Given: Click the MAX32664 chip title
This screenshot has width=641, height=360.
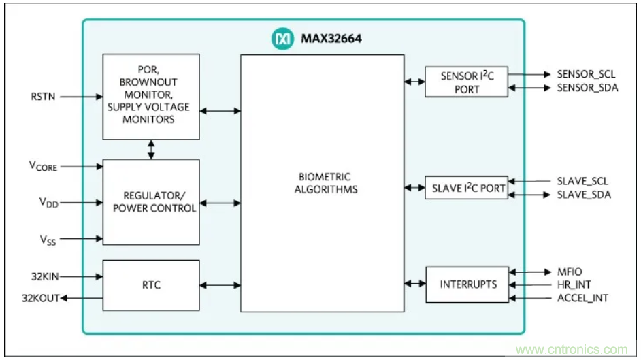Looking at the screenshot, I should click(x=331, y=39).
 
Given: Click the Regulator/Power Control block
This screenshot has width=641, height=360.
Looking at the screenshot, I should click(x=151, y=201).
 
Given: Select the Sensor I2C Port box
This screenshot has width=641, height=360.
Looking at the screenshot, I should click(x=466, y=82).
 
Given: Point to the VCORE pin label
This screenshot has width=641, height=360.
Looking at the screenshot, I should click(x=42, y=166).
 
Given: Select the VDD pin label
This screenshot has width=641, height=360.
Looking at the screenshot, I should click(x=42, y=202).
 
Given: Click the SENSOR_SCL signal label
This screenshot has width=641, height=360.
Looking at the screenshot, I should click(x=587, y=74).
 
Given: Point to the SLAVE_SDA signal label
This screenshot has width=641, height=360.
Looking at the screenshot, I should click(x=583, y=195).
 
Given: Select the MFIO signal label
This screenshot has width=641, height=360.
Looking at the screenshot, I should click(x=569, y=272).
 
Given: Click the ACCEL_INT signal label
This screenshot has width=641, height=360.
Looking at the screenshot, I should click(x=582, y=297).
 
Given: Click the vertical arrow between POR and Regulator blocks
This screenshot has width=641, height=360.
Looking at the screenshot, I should click(x=151, y=150).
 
